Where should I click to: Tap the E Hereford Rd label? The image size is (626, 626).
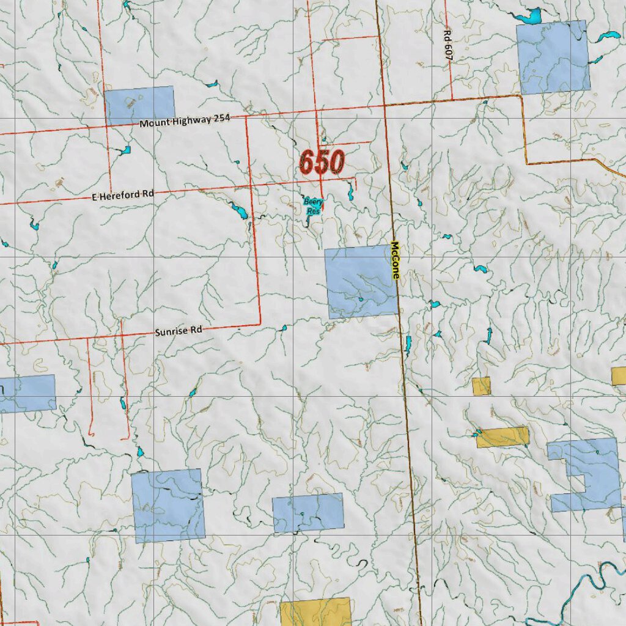tap(123, 195)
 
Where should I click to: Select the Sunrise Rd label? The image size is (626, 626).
tap(178, 331)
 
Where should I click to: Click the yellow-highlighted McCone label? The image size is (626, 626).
tap(395, 260)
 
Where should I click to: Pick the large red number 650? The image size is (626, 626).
tap(322, 163)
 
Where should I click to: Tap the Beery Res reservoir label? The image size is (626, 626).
tap(313, 206)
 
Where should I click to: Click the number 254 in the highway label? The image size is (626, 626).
tap(221, 118)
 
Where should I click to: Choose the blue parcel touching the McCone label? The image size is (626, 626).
tap(361, 282)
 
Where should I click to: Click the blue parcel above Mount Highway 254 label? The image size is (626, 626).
tap(140, 105)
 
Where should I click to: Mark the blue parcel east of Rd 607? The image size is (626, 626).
tap(553, 57)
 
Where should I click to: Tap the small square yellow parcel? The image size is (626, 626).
tap(481, 386)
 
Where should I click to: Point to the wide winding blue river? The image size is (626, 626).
tap(602, 578)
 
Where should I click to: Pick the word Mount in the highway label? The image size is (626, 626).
tap(153, 123)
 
